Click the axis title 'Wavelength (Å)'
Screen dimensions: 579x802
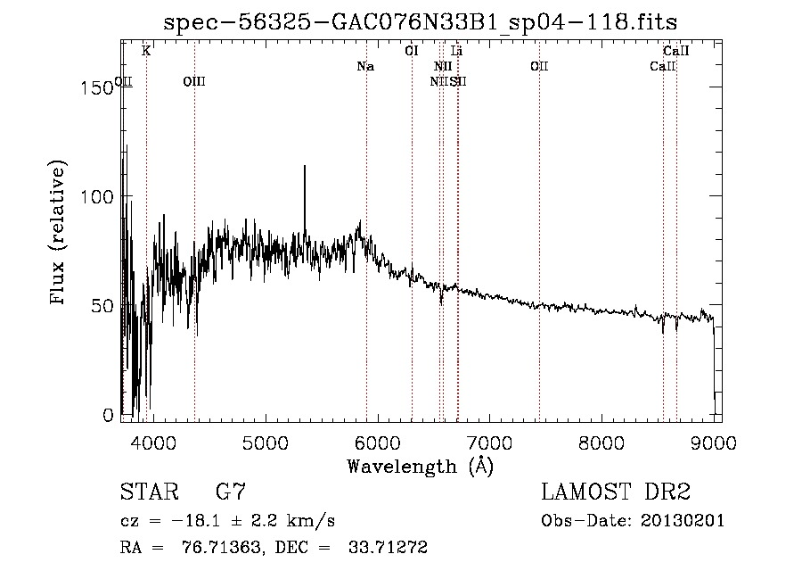tap(420, 466)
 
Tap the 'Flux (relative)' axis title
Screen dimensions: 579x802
tap(60, 234)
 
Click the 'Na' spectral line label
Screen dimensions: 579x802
tap(365, 66)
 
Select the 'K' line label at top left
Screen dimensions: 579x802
tap(146, 52)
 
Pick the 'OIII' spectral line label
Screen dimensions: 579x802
tap(193, 82)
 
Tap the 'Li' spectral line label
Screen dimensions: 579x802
tap(457, 52)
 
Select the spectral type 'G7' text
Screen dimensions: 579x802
tap(231, 492)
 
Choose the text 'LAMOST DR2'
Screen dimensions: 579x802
tap(616, 492)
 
